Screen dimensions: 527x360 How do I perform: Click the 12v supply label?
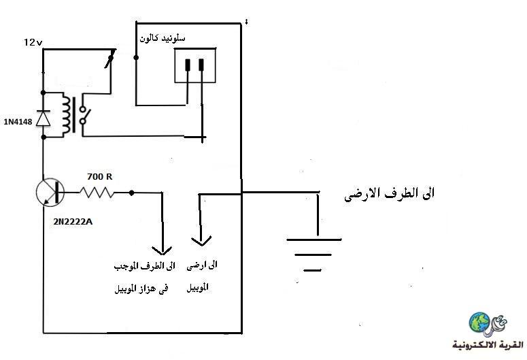click(33, 42)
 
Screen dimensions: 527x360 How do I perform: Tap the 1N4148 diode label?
click(18, 121)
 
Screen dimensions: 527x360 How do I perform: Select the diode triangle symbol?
click(43, 118)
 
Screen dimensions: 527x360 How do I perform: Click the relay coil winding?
click(66, 114)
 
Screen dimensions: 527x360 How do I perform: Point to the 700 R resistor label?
click(99, 176)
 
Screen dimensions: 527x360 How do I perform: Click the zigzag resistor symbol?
click(97, 193)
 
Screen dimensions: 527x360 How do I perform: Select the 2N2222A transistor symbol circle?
click(50, 193)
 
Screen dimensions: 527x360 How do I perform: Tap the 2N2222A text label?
click(73, 222)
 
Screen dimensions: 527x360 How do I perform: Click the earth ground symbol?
click(314, 255)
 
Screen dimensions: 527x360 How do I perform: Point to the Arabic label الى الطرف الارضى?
click(389, 194)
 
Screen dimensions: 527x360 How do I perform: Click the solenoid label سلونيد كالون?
click(163, 38)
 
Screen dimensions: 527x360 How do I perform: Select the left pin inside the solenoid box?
click(188, 65)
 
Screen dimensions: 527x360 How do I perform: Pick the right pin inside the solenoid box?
click(201, 65)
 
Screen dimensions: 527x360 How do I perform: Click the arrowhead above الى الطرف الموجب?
click(162, 250)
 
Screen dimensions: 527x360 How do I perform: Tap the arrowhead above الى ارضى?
click(201, 241)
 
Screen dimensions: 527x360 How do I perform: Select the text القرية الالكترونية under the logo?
click(488, 345)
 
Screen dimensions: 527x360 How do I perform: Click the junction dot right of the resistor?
click(131, 193)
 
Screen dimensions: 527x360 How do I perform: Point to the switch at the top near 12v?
click(110, 59)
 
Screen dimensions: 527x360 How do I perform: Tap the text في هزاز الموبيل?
click(141, 289)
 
